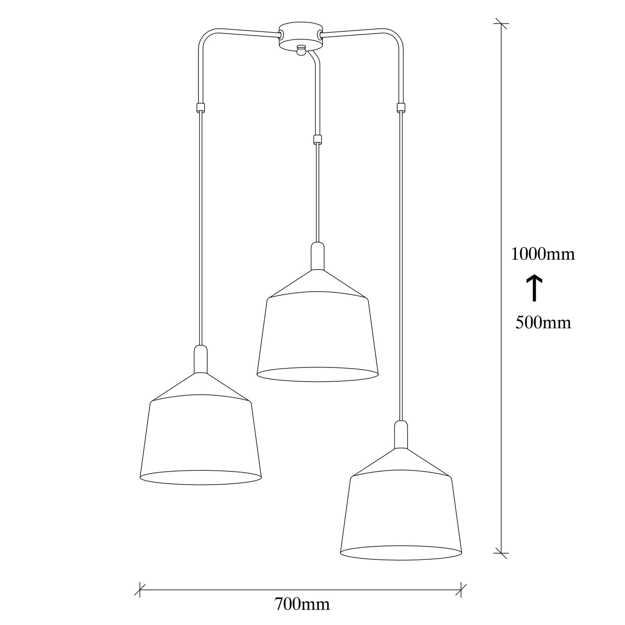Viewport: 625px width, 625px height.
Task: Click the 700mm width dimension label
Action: point(302,604)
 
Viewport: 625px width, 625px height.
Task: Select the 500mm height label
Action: point(543,322)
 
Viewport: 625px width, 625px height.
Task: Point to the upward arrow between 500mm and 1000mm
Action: point(535,288)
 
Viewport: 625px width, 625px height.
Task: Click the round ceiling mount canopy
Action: point(300,37)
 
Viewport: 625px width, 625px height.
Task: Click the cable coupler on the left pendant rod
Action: point(201,107)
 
